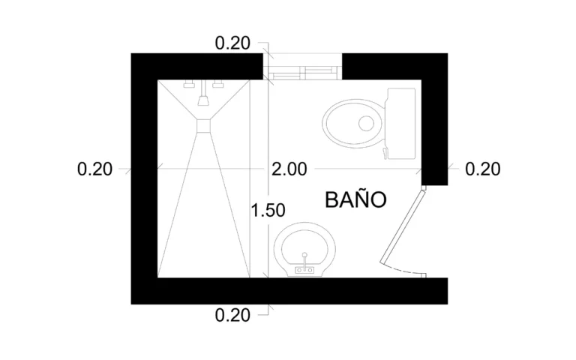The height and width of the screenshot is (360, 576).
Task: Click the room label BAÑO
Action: click(x=355, y=200)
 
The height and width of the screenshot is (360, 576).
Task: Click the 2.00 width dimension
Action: click(x=289, y=169)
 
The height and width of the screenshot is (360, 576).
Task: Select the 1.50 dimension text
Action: click(x=268, y=211)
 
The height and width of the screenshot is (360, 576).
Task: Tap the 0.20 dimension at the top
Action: click(x=232, y=43)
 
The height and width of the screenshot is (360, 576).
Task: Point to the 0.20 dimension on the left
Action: click(x=95, y=169)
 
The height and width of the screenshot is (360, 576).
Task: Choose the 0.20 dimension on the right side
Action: click(x=482, y=169)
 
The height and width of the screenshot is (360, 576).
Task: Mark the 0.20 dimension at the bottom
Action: click(x=232, y=315)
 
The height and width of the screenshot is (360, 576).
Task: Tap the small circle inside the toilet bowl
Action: click(x=367, y=122)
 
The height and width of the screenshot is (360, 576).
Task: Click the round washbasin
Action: click(x=305, y=249)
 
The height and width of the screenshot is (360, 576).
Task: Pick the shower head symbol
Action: click(x=203, y=97)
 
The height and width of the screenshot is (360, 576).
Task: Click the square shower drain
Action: click(x=203, y=126)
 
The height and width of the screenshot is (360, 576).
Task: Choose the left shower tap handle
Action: click(x=190, y=84)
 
